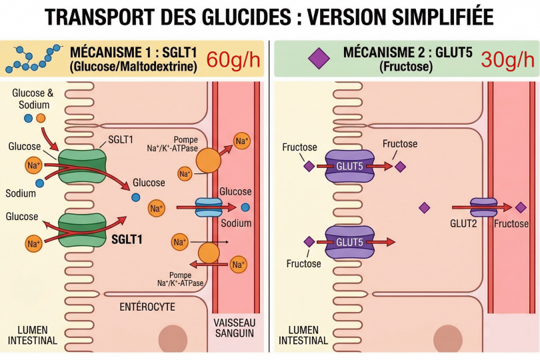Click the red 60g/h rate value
click(234, 59)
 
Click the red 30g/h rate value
click(508, 59)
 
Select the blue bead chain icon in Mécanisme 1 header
click(30, 59)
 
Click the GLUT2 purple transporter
click(484, 207)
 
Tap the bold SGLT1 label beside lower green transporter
click(131, 239)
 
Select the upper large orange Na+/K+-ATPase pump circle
click(209, 162)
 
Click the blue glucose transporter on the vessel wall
click(208, 207)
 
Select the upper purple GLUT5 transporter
click(349, 167)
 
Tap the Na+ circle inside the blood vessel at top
click(241, 141)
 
